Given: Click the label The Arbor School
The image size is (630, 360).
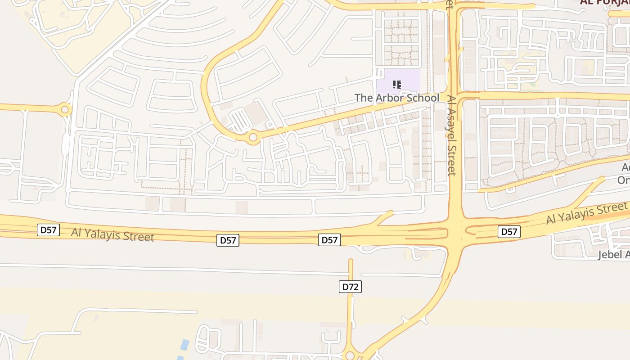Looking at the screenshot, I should pos(396,98).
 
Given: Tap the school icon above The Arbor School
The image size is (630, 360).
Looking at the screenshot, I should pos(396,84).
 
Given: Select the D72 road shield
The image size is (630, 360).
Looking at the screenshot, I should pos(350,287).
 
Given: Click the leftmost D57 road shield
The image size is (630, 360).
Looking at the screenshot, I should pos(48,230).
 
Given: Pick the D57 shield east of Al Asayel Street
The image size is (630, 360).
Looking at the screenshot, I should pos(509,232).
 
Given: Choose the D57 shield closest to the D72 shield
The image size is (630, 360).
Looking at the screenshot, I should pos(329,240).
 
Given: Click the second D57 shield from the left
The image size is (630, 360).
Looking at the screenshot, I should pos(228,240).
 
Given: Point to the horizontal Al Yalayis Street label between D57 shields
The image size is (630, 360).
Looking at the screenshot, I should pos(112,234).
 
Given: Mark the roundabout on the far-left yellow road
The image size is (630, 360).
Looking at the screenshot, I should pos(65,109).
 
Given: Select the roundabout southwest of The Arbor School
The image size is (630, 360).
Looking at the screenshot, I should pos(253,137).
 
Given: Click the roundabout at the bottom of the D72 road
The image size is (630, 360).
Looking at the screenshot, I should pos(350,355).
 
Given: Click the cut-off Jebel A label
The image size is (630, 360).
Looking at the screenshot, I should pos(613,255).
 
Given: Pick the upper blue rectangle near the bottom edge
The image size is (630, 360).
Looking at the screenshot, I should pos(184,345).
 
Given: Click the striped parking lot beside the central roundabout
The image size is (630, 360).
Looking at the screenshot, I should pos(239,121).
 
